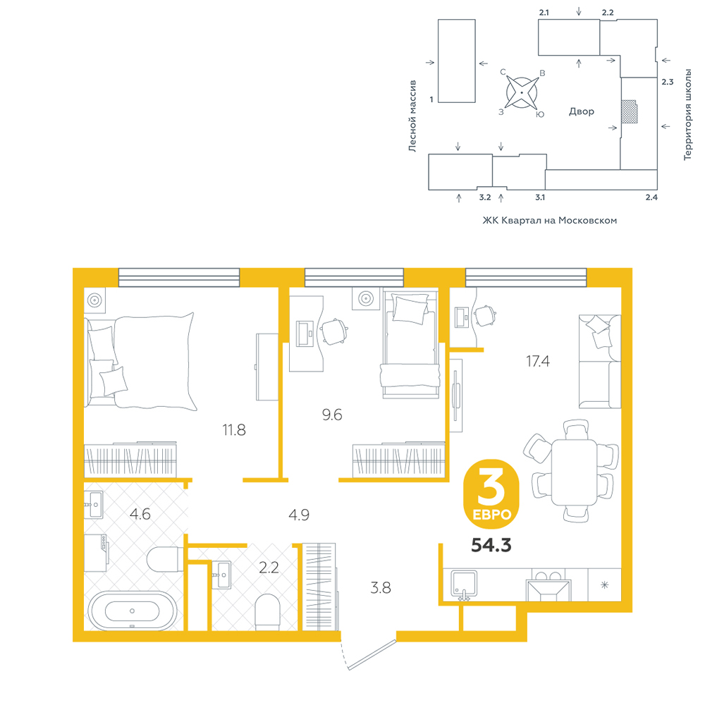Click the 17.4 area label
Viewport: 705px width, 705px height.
coord(538,361)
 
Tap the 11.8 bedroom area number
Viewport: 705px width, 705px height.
coord(234,430)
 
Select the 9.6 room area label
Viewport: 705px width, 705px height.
coord(332,415)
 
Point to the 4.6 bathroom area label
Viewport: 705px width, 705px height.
coord(140,514)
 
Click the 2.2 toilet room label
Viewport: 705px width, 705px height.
coord(269,568)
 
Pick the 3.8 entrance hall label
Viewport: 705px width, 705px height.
coord(381,588)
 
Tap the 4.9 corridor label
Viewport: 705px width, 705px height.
coord(299,515)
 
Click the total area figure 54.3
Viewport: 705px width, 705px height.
coord(491,546)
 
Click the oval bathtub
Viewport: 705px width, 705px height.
coord(133,611)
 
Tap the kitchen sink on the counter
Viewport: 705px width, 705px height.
coord(464,585)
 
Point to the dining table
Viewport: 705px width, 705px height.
coord(574,472)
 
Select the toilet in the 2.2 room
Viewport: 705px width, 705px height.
coord(267,612)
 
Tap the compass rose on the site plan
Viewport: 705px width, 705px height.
coord(522,92)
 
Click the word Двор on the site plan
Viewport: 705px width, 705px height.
coord(582,111)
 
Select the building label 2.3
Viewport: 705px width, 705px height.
coord(667,82)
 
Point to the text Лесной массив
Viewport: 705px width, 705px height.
coord(412,116)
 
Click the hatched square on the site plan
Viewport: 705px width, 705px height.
coord(629,111)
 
